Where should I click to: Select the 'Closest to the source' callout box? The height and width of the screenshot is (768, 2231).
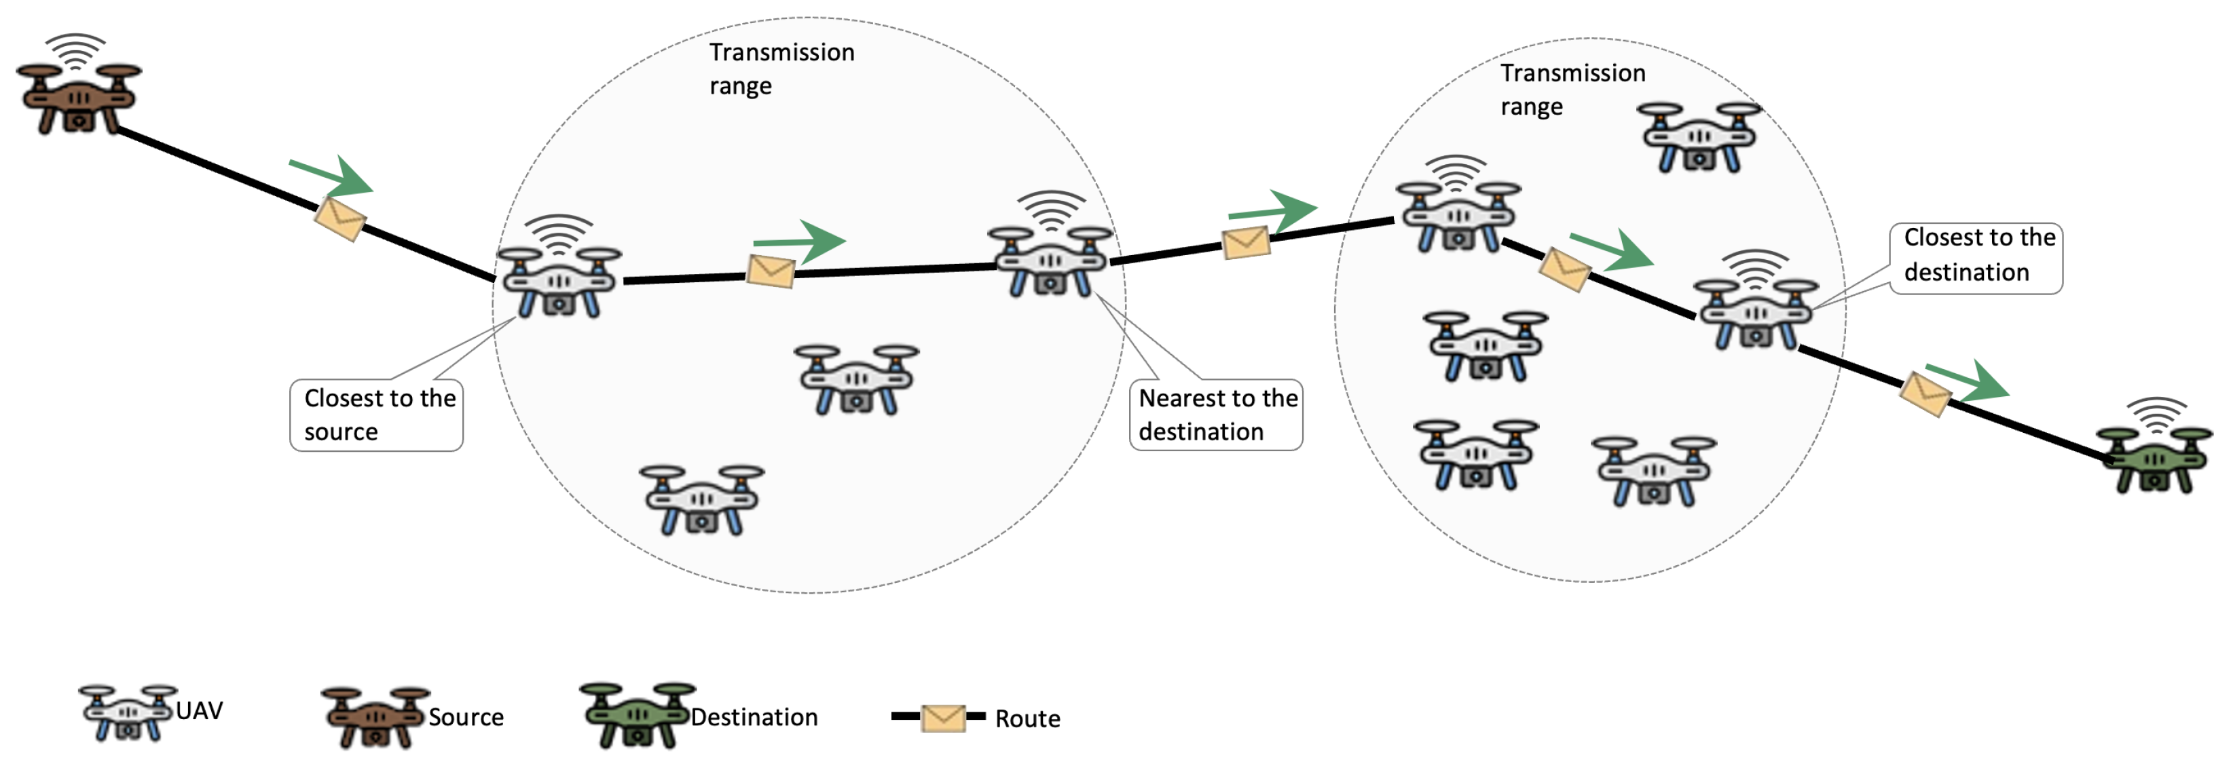[x=376, y=415]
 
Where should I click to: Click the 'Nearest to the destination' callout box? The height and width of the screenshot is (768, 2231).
[x=1215, y=415]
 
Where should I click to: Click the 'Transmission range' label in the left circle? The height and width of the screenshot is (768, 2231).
[x=781, y=69]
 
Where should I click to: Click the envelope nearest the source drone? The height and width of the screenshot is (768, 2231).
[x=339, y=219]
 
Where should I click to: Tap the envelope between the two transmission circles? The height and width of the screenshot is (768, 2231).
[x=1245, y=242]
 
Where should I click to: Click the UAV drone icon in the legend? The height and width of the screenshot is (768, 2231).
[x=128, y=712]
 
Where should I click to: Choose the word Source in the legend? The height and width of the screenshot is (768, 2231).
[x=465, y=717]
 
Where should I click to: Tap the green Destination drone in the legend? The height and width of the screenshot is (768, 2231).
[x=637, y=715]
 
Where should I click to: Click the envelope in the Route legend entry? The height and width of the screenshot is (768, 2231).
[x=942, y=718]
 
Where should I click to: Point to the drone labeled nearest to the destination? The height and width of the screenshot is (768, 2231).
[x=1050, y=258]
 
